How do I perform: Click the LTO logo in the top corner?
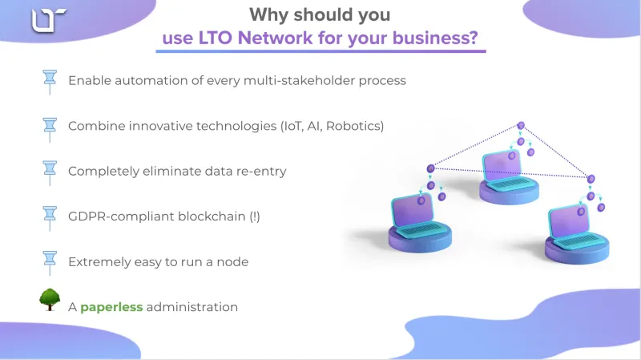tap(49, 20)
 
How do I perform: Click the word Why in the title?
tap(269, 14)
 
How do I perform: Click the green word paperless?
tap(111, 307)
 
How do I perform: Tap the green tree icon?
tap(50, 299)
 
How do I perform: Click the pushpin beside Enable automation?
tap(50, 82)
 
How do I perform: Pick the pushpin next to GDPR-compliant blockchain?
tap(50, 218)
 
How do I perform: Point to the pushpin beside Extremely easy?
tap(50, 263)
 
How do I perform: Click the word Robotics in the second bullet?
tap(354, 126)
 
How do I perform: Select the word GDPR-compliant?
tap(121, 216)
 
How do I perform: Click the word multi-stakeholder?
tap(299, 81)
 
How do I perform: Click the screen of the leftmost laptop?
tap(412, 211)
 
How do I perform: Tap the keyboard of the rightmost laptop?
tap(579, 241)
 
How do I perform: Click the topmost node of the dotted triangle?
tap(521, 126)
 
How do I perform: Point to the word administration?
tap(192, 307)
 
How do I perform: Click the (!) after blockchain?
tap(255, 216)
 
